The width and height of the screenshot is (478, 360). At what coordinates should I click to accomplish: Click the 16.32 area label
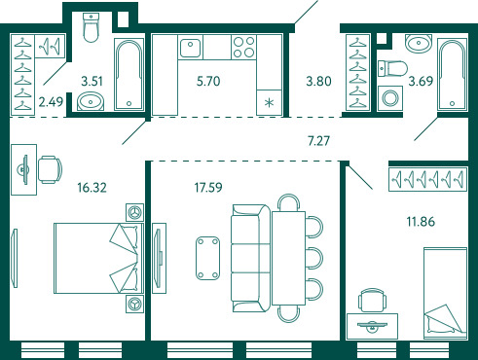92,188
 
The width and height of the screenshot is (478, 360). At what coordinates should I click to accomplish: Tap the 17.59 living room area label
208,188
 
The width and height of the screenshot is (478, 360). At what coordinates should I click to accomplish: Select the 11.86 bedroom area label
421,222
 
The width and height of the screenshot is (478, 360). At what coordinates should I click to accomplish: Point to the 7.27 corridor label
318,141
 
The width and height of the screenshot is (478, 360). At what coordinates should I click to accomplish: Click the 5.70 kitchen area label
208,81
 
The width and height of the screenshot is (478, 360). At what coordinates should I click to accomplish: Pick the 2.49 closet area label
51,102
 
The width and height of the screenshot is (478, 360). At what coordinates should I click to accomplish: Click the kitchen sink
190,48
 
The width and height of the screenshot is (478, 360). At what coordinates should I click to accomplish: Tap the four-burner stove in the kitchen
244,48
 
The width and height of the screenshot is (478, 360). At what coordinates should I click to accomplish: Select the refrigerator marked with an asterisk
269,102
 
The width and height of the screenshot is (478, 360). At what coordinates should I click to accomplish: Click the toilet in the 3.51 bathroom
91,27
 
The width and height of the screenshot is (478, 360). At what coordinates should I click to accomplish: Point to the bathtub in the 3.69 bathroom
452,75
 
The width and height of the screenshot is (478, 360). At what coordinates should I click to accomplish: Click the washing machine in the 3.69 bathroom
390,98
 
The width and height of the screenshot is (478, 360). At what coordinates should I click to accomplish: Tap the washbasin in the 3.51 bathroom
91,101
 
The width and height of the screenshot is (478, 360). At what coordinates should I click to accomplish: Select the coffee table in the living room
208,258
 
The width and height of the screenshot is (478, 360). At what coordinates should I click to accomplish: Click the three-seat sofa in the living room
251,258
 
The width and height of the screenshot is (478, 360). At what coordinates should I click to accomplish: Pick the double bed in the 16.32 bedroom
98,258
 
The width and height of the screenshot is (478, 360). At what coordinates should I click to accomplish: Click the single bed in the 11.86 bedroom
445,291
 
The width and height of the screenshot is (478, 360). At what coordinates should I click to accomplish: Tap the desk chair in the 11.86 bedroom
373,300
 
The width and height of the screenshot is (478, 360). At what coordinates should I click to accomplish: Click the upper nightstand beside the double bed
134,212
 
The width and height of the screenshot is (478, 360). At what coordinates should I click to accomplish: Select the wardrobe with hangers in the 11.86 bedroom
427,179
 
